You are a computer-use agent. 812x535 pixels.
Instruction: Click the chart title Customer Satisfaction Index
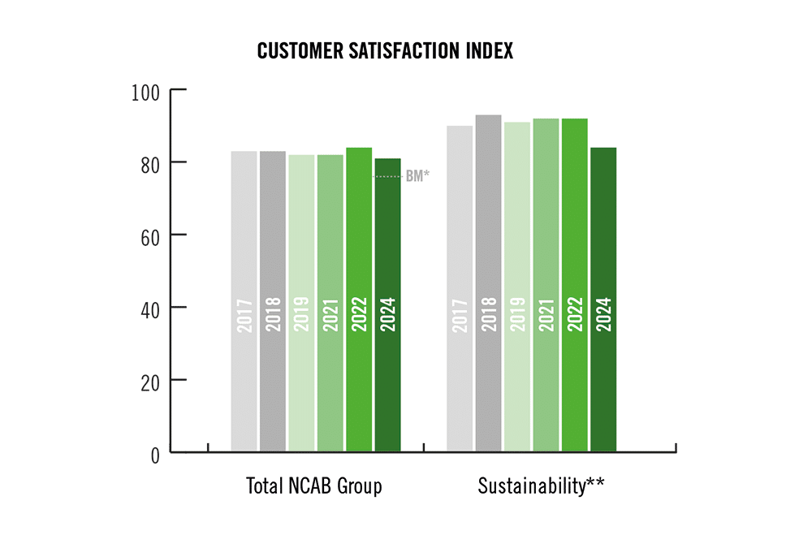tap(385, 51)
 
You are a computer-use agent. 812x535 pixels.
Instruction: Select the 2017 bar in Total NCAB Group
tap(244, 300)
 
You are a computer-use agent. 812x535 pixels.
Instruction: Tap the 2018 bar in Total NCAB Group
tap(273, 300)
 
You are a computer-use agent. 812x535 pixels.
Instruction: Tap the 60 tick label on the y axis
tap(152, 235)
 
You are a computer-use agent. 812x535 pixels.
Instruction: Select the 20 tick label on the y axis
tap(152, 380)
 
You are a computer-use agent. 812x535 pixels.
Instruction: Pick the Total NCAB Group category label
tap(313, 486)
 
